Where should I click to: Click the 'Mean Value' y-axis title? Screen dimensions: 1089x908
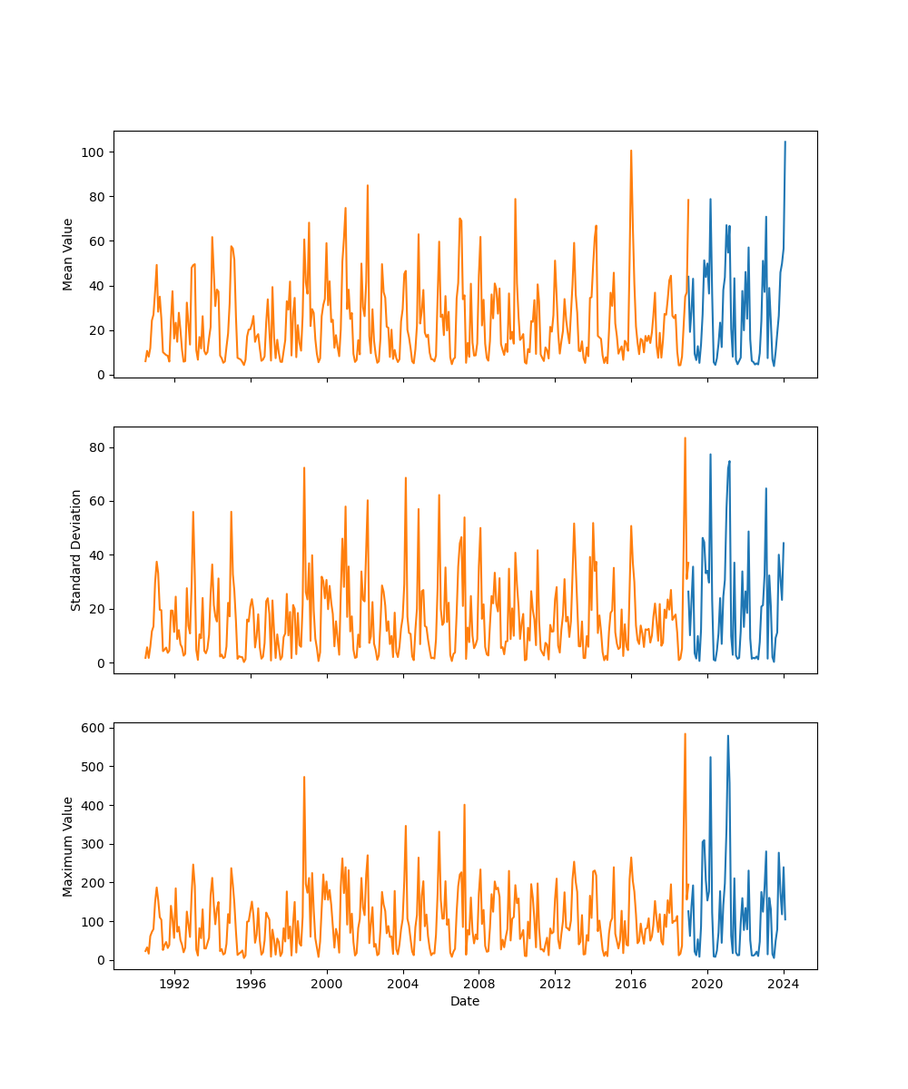pyautogui.click(x=68, y=254)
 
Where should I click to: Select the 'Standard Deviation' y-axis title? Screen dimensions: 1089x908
pyautogui.click(x=76, y=550)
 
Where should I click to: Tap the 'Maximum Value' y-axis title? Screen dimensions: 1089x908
pyautogui.click(x=68, y=846)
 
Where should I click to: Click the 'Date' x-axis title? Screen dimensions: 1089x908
pyautogui.click(x=465, y=1001)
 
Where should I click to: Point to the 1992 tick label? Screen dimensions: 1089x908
pyautogui.click(x=174, y=983)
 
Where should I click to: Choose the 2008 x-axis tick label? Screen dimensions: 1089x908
pyautogui.click(x=479, y=983)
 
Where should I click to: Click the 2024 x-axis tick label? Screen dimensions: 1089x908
pyautogui.click(x=784, y=983)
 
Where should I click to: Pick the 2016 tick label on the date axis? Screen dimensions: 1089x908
pyautogui.click(x=631, y=983)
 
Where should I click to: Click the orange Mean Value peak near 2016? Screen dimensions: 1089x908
pyautogui.click(x=631, y=151)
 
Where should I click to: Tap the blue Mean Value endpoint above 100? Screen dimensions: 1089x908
pyautogui.click(x=785, y=142)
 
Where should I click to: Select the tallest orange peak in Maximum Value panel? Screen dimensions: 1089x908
pyautogui.click(x=685, y=734)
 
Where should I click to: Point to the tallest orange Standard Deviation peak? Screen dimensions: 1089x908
pyautogui.click(x=685, y=438)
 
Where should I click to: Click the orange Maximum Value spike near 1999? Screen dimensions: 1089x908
pyautogui.click(x=304, y=777)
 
